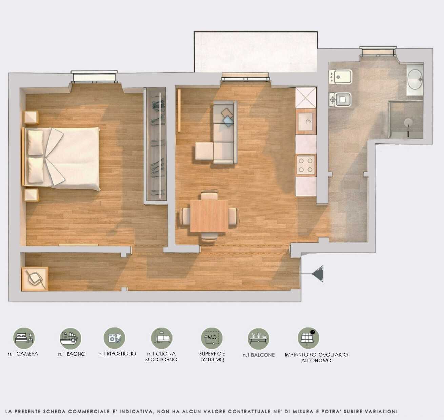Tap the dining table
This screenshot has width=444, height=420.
pyautogui.click(x=209, y=216)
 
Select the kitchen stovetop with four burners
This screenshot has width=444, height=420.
pyautogui.click(x=306, y=165)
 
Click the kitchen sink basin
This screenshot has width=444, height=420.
pyautogui.click(x=305, y=122)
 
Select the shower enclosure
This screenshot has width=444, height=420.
pyautogui.click(x=406, y=120)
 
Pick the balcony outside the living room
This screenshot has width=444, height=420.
pyautogui.click(x=256, y=52)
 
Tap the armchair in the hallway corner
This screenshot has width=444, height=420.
pyautogui.click(x=35, y=279)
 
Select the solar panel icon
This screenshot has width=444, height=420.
pyautogui.click(x=308, y=338)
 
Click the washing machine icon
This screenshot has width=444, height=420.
pyautogui.click(x=114, y=338)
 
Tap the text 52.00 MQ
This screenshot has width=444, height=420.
pyautogui.click(x=213, y=360)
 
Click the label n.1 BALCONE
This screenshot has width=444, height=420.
pyautogui.click(x=259, y=355)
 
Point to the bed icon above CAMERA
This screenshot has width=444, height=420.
pyautogui.click(x=24, y=338)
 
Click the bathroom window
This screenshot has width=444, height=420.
pyautogui.click(x=378, y=51)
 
